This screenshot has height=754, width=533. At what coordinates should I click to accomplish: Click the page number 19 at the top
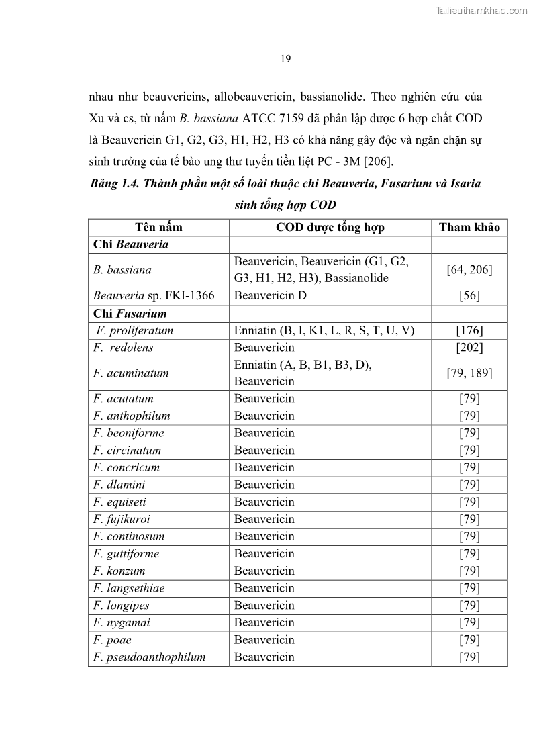(285, 59)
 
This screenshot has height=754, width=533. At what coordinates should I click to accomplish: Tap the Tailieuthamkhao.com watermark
(481, 10)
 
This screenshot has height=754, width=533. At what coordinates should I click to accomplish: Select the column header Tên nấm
(158, 227)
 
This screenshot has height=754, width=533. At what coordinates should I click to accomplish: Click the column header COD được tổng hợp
(330, 227)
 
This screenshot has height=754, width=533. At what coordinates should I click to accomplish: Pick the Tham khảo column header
(469, 227)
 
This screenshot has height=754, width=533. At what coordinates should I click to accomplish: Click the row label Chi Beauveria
(131, 244)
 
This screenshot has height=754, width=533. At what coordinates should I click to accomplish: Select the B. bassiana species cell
(122, 270)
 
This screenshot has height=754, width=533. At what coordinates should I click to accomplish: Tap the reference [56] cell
(469, 295)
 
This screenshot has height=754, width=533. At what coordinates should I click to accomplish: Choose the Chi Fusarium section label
(130, 314)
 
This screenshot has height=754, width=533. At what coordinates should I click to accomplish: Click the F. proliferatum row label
(134, 330)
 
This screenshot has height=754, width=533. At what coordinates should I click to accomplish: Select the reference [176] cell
(469, 330)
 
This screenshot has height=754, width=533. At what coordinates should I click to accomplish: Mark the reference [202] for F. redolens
(469, 348)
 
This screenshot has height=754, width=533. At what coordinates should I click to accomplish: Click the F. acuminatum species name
(131, 373)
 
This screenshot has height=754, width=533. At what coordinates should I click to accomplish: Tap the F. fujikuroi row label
(122, 519)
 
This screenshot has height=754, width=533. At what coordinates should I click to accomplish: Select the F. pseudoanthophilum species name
(149, 657)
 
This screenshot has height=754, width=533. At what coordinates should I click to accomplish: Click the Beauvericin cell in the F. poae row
(264, 640)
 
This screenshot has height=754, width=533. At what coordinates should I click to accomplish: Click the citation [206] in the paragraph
(378, 162)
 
